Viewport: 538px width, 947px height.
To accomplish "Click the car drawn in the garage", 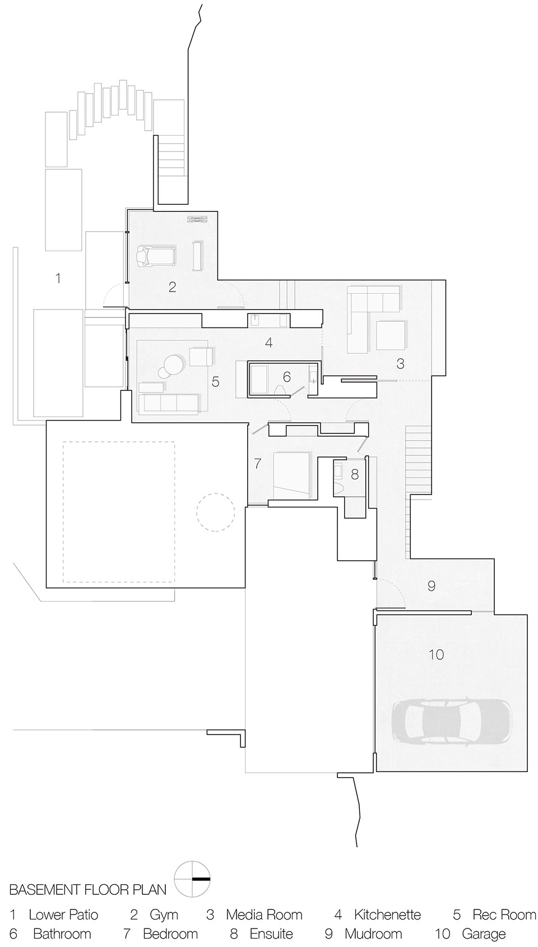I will [x=451, y=724].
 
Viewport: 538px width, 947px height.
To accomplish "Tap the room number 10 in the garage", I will [x=436, y=654].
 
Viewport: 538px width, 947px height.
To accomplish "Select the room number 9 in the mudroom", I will [x=431, y=586].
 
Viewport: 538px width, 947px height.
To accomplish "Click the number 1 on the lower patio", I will [x=58, y=278].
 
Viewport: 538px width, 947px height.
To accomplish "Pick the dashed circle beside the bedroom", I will [x=215, y=512].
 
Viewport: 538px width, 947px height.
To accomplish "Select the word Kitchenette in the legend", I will [x=387, y=915].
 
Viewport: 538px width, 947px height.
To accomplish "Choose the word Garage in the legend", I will [x=484, y=934].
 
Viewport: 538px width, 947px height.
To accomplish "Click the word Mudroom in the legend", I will [x=373, y=934].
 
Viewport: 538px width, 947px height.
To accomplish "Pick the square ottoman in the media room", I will [x=390, y=335].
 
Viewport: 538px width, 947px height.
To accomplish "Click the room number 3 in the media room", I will [x=400, y=364].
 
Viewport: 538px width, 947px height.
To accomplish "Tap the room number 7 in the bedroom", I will [x=258, y=464].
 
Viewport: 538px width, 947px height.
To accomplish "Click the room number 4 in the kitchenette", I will [x=269, y=342].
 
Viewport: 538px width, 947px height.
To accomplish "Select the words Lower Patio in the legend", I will [x=63, y=915].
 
